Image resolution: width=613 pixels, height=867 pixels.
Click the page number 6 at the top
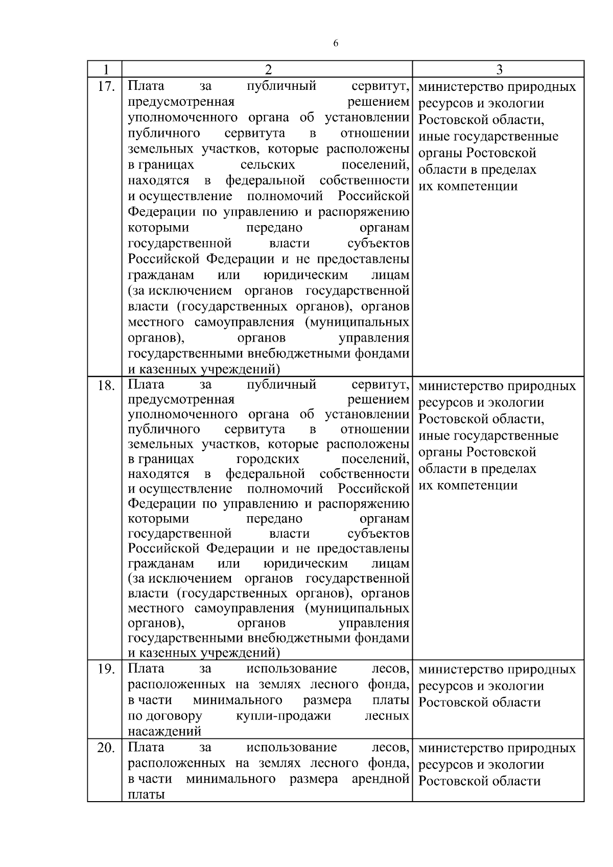click(x=336, y=44)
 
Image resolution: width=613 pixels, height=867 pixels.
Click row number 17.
click(x=106, y=86)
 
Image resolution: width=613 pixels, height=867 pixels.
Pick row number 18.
click(x=106, y=386)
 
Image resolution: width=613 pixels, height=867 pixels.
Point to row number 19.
click(x=106, y=669)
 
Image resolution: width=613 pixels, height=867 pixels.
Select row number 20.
click(x=106, y=749)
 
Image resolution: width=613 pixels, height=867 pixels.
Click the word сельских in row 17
click(x=268, y=165)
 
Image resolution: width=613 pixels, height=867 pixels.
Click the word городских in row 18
click(x=268, y=459)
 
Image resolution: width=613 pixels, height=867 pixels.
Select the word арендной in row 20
click(x=381, y=779)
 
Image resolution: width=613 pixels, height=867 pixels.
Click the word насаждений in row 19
click(x=164, y=731)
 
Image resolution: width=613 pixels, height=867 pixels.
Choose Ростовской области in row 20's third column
click(x=480, y=781)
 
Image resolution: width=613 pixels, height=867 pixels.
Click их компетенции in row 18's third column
click(x=468, y=485)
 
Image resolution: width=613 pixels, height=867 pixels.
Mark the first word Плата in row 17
click(x=146, y=86)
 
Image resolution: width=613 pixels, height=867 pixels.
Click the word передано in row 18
click(x=274, y=519)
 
